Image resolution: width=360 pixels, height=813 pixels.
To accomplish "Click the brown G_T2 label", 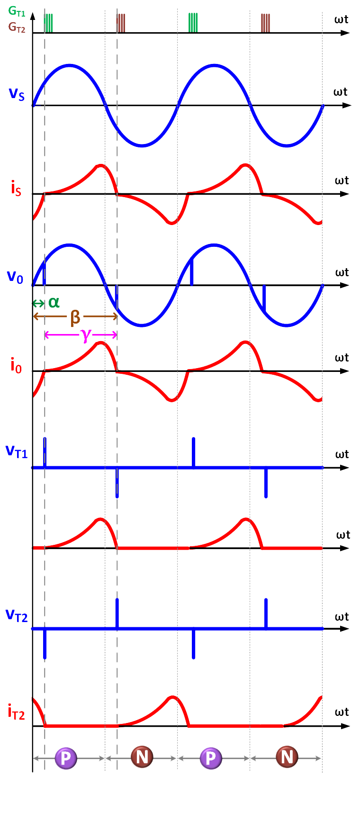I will [x=17, y=27].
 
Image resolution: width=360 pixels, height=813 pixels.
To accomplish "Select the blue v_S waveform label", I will [x=17, y=93].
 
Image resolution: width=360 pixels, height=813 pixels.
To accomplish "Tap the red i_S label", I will [x=16, y=189].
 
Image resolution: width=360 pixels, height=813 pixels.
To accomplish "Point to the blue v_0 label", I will [x=15, y=277].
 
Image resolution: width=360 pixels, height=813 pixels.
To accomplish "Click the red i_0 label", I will [x=16, y=366].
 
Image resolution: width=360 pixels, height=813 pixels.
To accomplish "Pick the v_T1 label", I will [x=17, y=451].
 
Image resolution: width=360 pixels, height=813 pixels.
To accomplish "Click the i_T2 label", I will [x=16, y=712].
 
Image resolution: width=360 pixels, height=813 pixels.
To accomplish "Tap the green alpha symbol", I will [x=54, y=302].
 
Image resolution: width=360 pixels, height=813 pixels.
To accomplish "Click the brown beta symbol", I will [x=75, y=317].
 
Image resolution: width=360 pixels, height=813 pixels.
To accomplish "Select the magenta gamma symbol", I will [x=85, y=334].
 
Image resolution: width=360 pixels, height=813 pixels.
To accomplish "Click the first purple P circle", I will [x=65, y=758].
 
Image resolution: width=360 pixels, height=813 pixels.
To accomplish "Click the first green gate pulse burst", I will [x=48, y=23].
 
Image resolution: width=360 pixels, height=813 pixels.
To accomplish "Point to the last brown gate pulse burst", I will [x=265, y=23].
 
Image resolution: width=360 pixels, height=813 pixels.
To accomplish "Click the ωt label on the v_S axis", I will [x=341, y=92].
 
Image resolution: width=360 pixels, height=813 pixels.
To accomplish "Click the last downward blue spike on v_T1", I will [x=266, y=482].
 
